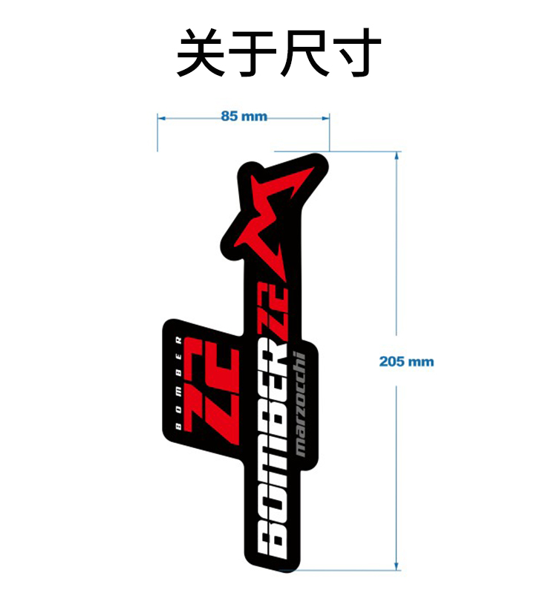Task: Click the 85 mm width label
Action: [244, 117]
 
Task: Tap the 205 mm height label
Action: [405, 362]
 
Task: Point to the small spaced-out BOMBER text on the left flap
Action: [177, 383]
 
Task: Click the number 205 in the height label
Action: [391, 362]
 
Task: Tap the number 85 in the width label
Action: [230, 117]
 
